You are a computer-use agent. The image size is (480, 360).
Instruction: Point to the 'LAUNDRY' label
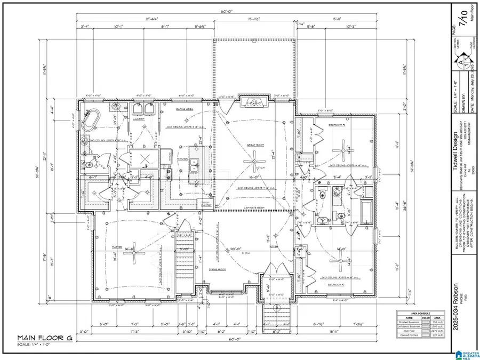[141, 120]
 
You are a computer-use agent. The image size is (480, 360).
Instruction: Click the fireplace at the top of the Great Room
[254, 102]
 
